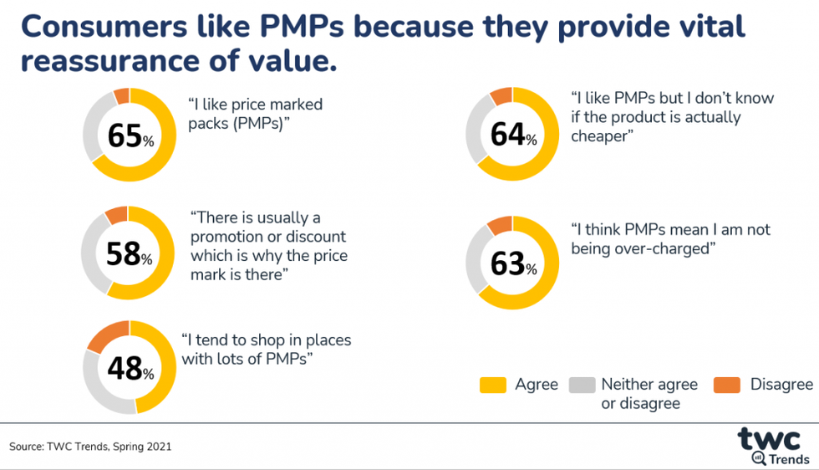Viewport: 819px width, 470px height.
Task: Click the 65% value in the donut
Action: [x=130, y=135]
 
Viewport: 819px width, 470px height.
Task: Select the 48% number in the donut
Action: [x=130, y=368]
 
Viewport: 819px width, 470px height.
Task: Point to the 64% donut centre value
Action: [x=512, y=134]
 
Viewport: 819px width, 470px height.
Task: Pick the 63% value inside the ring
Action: [x=512, y=263]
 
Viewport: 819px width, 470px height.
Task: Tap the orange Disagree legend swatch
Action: [x=726, y=385]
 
